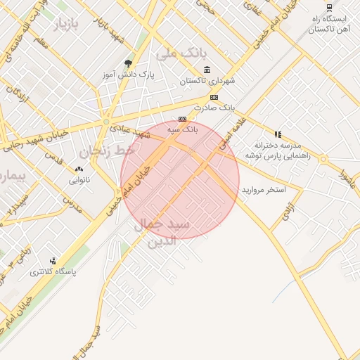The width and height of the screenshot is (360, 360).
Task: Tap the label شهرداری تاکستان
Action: coord(207,81)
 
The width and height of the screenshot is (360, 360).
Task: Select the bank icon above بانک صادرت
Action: coord(214,97)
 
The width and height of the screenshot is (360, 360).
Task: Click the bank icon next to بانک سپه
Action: coord(182,119)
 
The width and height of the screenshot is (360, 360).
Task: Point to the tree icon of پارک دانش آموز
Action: coord(127,63)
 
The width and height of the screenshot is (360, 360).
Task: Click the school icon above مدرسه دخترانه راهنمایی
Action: coord(278,134)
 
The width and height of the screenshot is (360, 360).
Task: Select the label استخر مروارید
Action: coord(263,191)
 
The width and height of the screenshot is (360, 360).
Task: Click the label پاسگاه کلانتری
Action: coord(53,271)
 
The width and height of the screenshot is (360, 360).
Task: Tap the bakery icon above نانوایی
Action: coord(78,169)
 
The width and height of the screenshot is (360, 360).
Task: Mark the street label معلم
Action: coord(41,44)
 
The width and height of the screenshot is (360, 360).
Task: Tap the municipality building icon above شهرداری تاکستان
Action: coord(206,70)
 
